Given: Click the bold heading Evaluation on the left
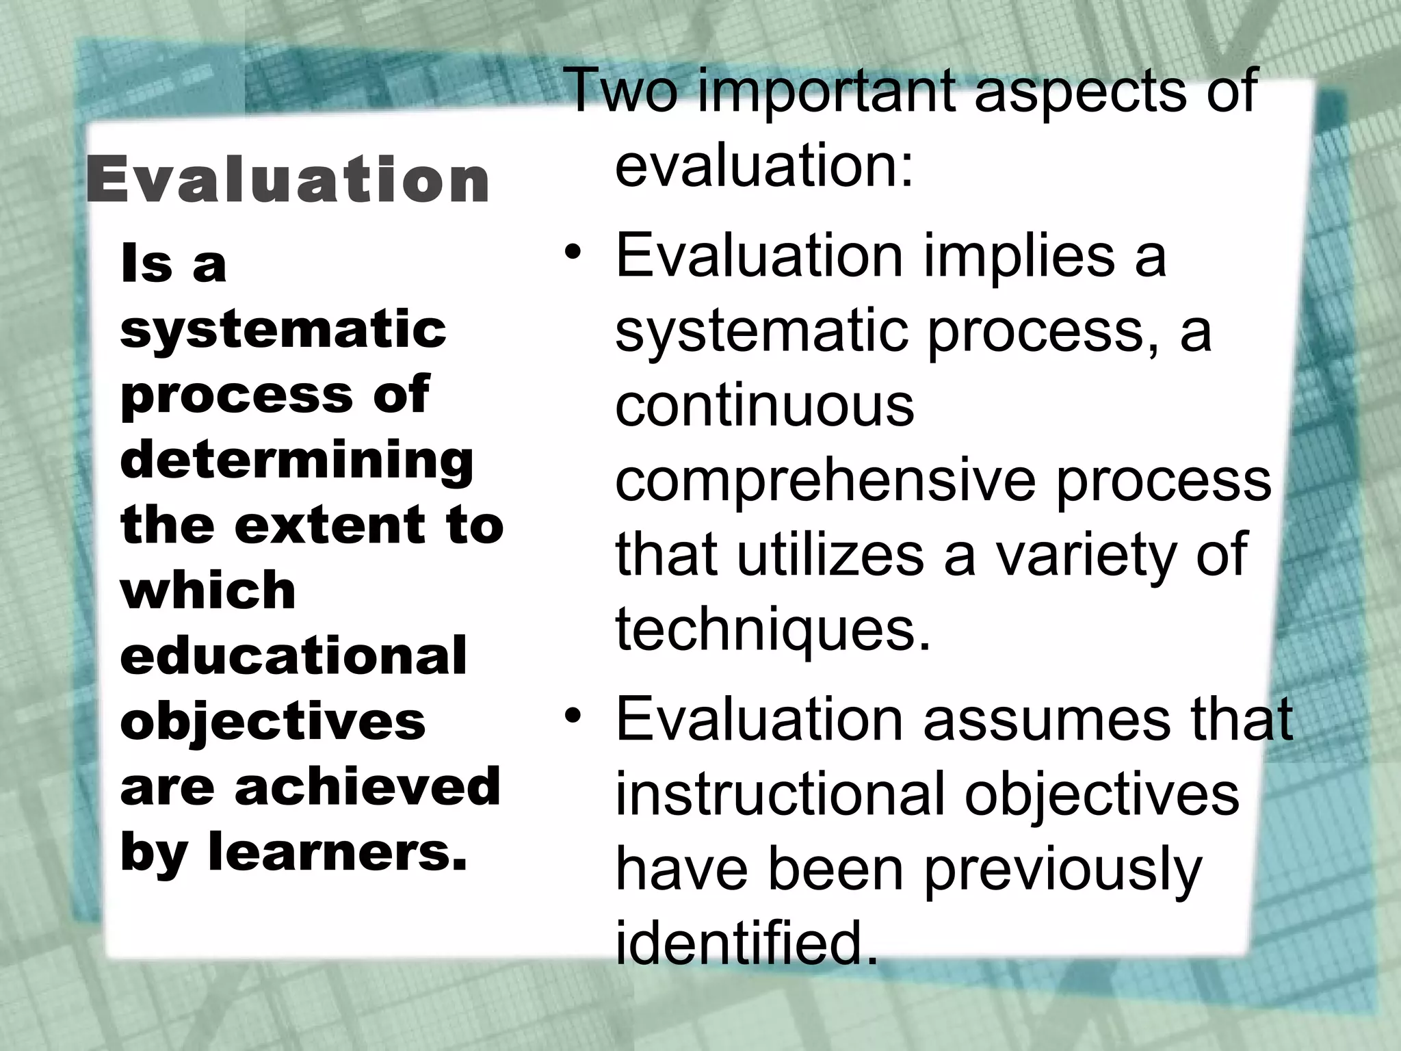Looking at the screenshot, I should click(x=287, y=179).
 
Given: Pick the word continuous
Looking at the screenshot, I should click(x=764, y=404).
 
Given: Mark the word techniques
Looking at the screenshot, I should click(x=773, y=629).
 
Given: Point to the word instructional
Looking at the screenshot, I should click(x=780, y=793).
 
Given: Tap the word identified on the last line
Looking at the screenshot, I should click(x=746, y=942).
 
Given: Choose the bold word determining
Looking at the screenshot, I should click(x=297, y=461).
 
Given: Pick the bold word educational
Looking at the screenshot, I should click(x=293, y=656).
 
